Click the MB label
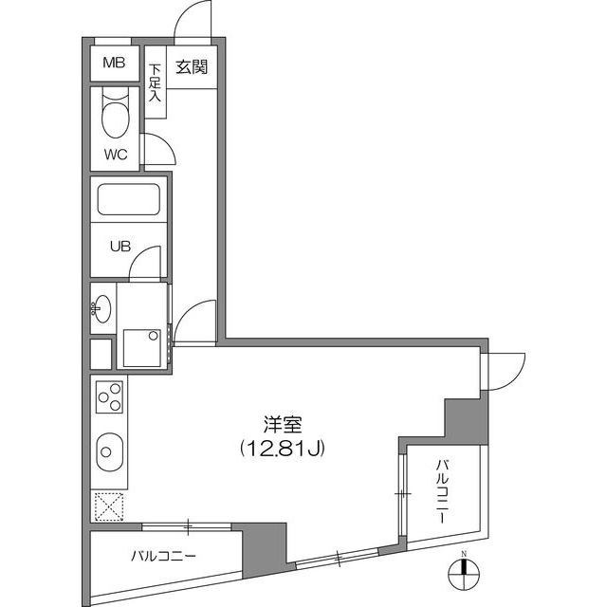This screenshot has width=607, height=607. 114,63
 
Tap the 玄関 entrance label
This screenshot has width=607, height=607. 192,67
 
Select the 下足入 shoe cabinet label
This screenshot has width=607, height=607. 155,83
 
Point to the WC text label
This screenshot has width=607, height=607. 116,155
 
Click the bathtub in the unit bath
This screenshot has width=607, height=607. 129,199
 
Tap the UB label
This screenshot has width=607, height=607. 120,247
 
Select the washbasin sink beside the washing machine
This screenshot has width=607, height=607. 101,308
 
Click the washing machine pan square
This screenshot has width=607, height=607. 142,348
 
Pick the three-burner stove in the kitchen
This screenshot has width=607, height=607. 110,396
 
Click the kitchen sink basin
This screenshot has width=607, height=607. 110,451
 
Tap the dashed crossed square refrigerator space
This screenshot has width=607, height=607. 109,506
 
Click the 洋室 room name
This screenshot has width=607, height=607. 283,424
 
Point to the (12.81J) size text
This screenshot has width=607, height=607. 283,449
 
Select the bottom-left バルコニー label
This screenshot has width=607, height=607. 163,557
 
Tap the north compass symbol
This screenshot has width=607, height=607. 464,573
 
